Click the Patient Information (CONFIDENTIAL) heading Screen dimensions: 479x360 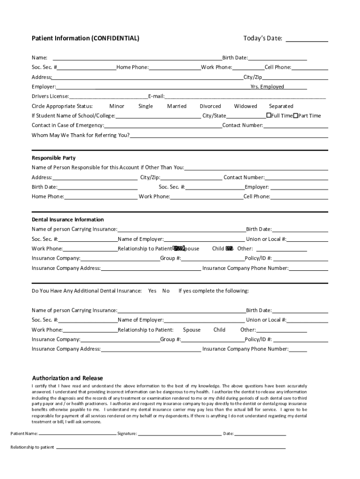coord(85,38)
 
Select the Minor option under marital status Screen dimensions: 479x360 coord(116,106)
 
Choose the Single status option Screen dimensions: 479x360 coord(145,106)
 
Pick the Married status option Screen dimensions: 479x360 coord(177,106)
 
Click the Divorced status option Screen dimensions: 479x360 coord(210,106)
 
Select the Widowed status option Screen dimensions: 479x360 coord(245,106)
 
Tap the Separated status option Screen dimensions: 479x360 coord(281,106)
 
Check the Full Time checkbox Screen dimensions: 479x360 coord(269,116)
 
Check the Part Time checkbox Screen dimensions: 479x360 coord(295,116)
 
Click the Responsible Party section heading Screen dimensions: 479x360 coord(53,158)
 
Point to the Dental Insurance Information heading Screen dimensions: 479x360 coord(68,219)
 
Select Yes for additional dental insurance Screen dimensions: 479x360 coord(152,291)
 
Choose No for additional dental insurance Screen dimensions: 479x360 coord(166,291)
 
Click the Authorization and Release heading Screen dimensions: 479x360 coord(67,378)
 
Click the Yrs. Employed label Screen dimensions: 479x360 coord(267,87)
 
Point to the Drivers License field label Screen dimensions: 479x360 coord(50,96)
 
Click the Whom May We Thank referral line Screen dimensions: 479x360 coord(229,136)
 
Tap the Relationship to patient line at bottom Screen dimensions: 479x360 coord(170,447)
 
